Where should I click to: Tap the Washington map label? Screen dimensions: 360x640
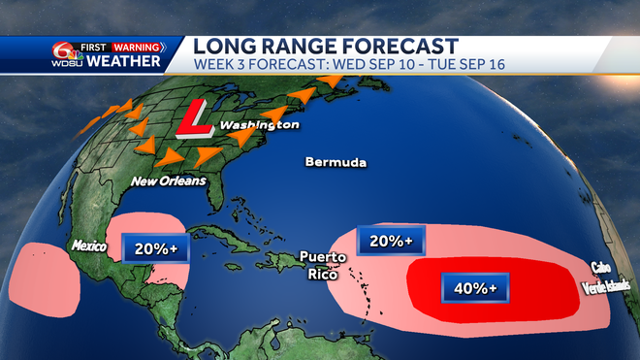coord(258,126)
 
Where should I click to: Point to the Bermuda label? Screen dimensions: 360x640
coord(336,162)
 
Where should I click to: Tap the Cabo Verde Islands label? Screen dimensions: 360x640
coord(606,277)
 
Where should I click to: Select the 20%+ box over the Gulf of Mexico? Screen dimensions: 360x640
coord(155,249)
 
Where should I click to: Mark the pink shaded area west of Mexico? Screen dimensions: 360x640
coord(42,278)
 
